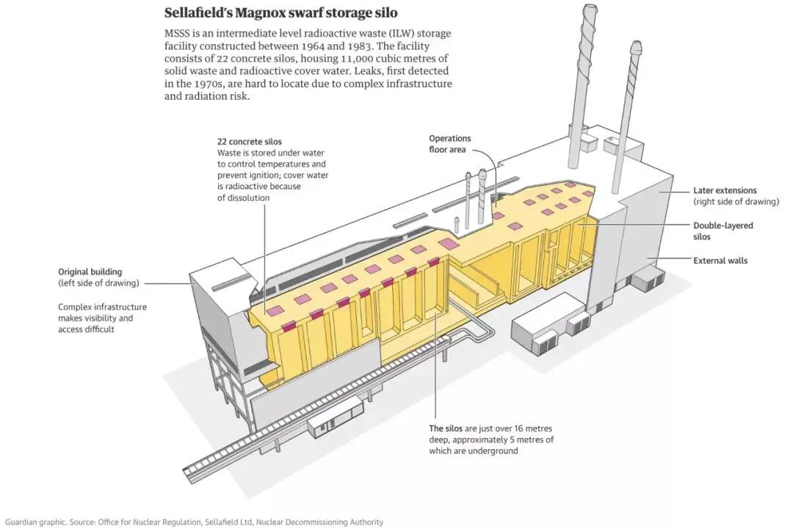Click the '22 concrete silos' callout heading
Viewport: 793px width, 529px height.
(x=250, y=142)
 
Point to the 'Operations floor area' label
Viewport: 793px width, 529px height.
(x=450, y=144)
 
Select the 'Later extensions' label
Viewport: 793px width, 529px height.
(x=725, y=191)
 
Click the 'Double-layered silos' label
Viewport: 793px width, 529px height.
(x=723, y=231)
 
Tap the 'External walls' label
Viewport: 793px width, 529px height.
(x=720, y=260)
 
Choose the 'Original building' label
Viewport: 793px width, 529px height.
(x=90, y=271)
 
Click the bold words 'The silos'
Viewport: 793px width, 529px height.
(x=446, y=428)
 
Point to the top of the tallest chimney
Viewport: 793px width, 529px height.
(x=589, y=7)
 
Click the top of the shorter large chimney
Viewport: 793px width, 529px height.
(x=635, y=46)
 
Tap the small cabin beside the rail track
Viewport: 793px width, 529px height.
(x=338, y=416)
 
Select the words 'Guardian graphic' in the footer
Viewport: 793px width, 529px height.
(x=35, y=522)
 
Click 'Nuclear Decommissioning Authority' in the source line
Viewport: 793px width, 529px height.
(x=319, y=522)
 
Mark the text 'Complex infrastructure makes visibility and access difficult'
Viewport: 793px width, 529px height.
(x=102, y=318)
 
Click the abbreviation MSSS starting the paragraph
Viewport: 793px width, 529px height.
(x=176, y=33)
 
